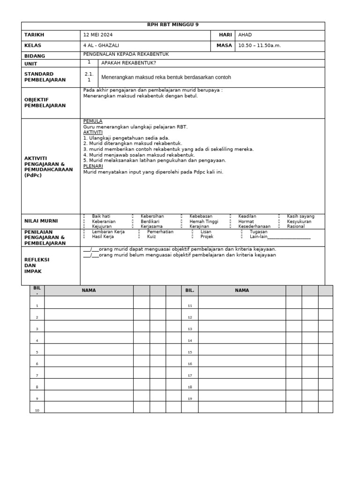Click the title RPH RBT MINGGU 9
tap(173, 25)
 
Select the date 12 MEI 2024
tap(98, 35)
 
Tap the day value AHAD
tap(245, 35)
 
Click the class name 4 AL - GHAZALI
tap(101, 46)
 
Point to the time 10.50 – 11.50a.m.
tap(259, 46)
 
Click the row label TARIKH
tap(34, 35)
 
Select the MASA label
tap(224, 46)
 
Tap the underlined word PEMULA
tap(92, 121)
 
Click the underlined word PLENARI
tap(93, 166)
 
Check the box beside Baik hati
tap(84, 217)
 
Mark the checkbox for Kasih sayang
tap(279, 217)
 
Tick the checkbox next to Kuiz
tap(140, 237)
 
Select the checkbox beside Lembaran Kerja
tap(84, 232)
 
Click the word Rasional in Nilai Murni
tap(296, 226)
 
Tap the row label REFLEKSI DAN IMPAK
tap(37, 265)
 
